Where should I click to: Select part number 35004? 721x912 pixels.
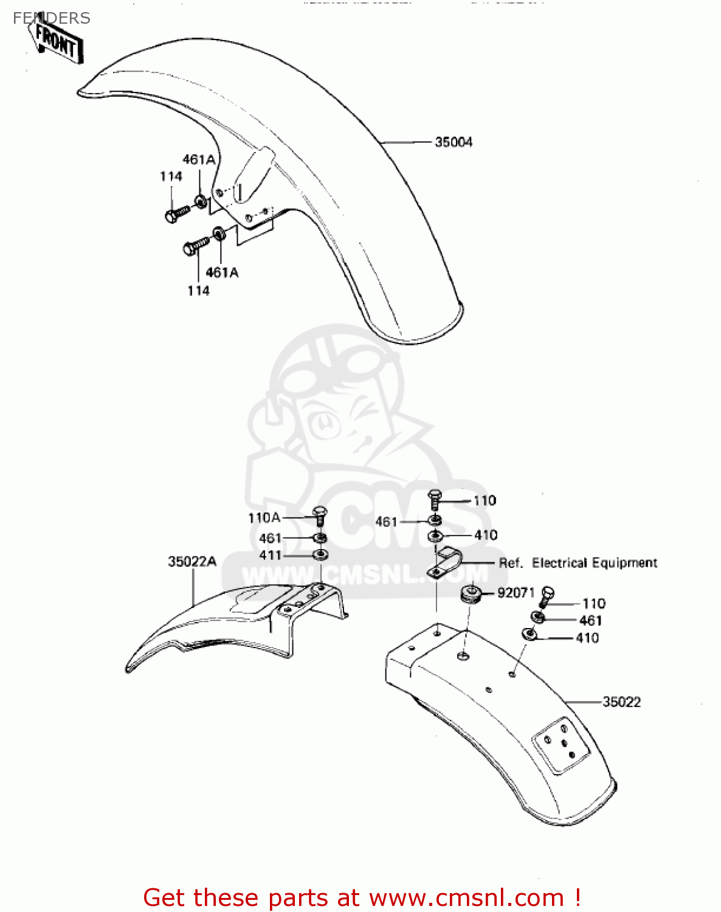tap(454, 142)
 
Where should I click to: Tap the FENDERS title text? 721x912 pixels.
tap(52, 18)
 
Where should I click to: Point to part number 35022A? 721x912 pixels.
tap(192, 561)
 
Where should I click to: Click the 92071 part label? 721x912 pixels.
tap(516, 592)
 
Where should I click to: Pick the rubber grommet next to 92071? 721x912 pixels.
tap(471, 593)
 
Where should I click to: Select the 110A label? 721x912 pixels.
tap(264, 518)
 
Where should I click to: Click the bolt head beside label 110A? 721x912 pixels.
tap(320, 513)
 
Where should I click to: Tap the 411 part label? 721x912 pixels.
tap(271, 555)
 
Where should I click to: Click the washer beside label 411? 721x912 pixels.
tap(320, 554)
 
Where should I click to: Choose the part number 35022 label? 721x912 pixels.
tap(621, 702)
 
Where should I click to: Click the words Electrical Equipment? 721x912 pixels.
tap(595, 563)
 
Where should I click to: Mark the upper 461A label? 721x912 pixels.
tap(199, 160)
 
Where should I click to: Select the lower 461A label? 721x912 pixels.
tap(222, 272)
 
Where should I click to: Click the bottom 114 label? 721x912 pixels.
tap(198, 291)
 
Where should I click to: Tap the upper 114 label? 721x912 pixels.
tap(171, 176)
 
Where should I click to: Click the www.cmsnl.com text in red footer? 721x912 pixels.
tap(466, 897)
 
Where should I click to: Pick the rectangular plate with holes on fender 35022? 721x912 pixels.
tap(561, 745)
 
